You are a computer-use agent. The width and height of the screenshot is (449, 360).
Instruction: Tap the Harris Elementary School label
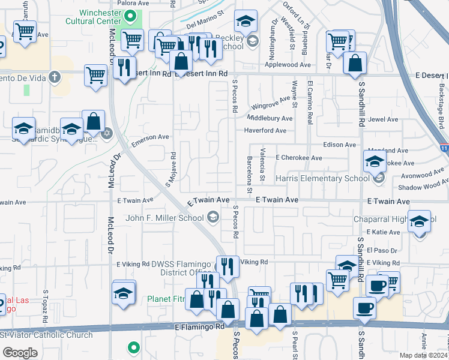[x=322, y=178]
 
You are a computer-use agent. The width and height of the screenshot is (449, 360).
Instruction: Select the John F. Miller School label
[x=164, y=217]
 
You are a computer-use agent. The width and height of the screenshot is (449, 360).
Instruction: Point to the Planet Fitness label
[x=172, y=298]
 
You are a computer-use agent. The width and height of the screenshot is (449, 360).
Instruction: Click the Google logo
[x=20, y=353]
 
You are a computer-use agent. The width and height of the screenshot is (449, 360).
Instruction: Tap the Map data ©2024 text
[x=424, y=355]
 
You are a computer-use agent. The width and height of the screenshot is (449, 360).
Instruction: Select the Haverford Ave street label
[x=265, y=130]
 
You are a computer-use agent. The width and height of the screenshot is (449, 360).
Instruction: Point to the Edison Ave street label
[x=340, y=145]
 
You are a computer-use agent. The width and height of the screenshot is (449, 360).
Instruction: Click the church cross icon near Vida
[x=55, y=77]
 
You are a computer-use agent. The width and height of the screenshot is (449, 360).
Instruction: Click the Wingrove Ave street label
[x=270, y=106]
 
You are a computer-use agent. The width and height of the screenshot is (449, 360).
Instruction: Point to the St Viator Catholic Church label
[x=47, y=335]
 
